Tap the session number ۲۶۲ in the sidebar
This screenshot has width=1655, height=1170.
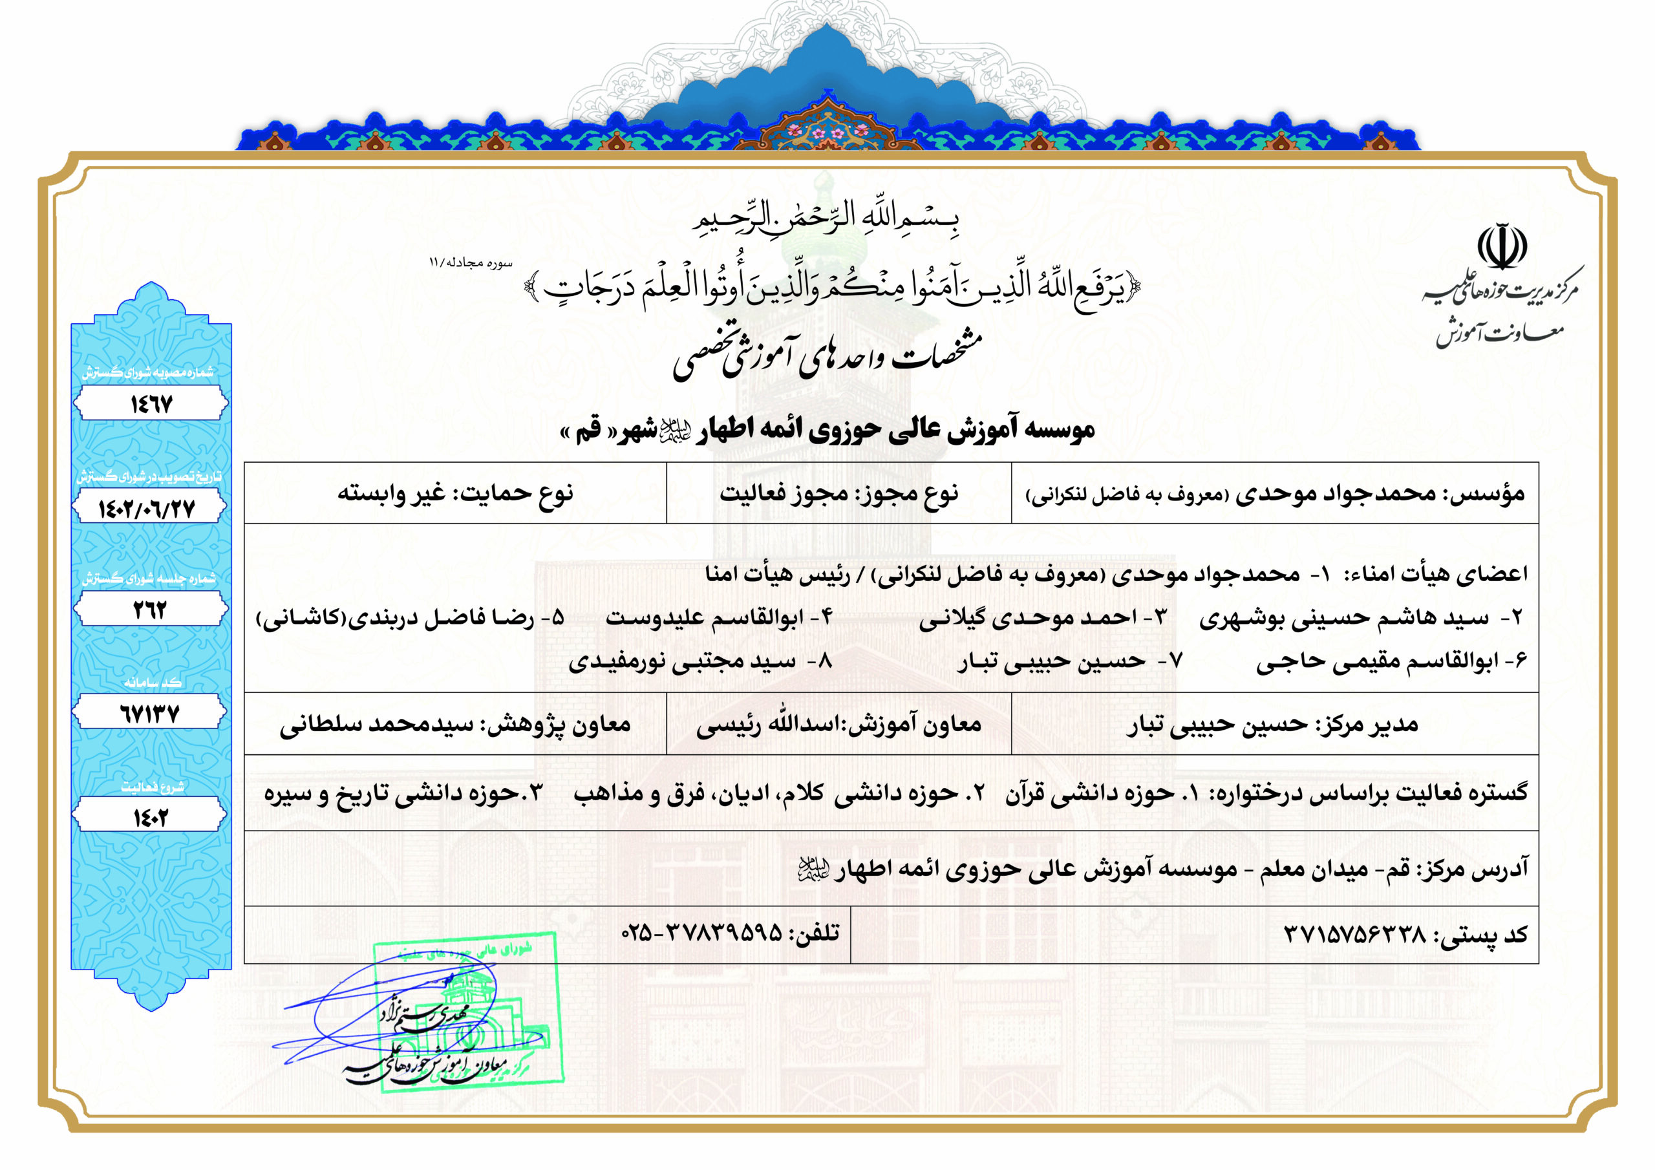click(150, 610)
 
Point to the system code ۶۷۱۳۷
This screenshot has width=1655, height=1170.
click(149, 714)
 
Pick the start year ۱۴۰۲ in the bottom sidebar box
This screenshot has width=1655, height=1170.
click(150, 817)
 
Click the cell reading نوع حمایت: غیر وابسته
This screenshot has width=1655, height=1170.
click(455, 494)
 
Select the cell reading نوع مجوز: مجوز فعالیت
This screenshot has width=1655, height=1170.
click(838, 494)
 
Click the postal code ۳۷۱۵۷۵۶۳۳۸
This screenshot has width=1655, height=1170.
click(1355, 935)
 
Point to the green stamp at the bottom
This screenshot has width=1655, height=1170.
click(469, 1013)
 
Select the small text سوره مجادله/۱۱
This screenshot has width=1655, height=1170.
click(471, 262)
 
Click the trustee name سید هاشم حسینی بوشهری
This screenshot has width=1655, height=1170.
click(1343, 618)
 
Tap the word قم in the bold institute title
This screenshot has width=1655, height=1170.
click(588, 431)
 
